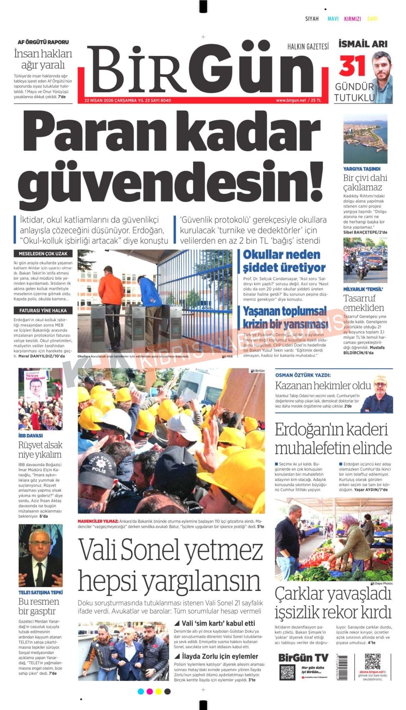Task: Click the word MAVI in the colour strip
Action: [333, 19]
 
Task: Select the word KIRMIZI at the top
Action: [353, 19]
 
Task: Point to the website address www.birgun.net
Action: [291, 100]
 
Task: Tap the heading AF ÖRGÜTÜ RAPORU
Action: [43, 42]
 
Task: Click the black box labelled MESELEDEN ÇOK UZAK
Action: [43, 254]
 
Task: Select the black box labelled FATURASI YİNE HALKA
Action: [43, 310]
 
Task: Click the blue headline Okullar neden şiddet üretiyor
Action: [284, 261]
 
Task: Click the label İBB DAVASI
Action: [30, 435]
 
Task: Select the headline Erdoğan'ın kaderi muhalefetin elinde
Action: [333, 439]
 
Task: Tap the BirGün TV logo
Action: [303, 657]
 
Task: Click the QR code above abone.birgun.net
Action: [373, 662]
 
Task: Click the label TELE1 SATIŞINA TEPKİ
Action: [40, 592]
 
